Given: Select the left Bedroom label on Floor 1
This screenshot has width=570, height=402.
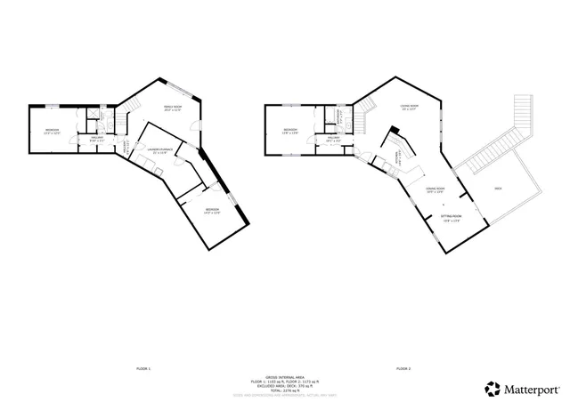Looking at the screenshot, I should tap(52, 132).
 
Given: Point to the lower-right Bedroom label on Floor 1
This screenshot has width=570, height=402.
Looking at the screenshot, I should tap(212, 211).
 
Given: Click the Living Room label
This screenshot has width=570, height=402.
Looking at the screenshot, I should tap(409, 108).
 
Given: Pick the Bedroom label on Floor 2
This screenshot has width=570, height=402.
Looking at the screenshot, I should tap(289, 131).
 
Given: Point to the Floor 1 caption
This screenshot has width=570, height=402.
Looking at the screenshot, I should tap(143, 367).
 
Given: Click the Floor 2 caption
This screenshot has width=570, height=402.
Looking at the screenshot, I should tap(403, 367).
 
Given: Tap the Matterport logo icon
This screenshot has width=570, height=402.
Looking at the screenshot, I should tap(492, 388).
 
